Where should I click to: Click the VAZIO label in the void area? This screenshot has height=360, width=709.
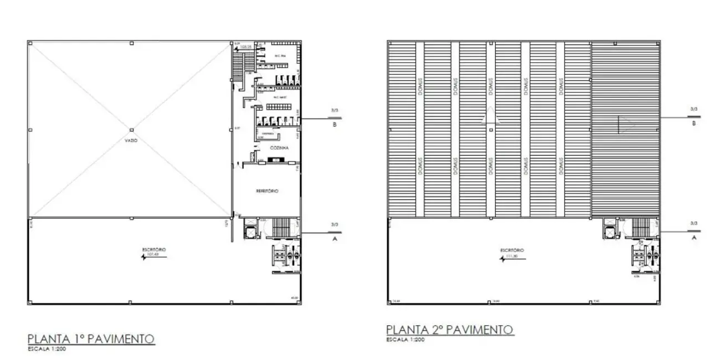click(131, 141)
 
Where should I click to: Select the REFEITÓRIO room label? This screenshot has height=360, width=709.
click(267, 191)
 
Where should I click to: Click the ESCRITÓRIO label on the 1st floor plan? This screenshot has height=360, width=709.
click(151, 251)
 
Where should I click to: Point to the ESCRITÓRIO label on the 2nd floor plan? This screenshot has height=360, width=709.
click(510, 250)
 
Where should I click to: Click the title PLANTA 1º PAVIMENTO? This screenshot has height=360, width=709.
click(91, 339)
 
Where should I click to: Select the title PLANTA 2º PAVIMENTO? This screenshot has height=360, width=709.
click(450, 330)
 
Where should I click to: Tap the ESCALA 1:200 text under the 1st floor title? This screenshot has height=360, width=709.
click(47, 349)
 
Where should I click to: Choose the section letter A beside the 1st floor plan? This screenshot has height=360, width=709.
click(334, 239)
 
